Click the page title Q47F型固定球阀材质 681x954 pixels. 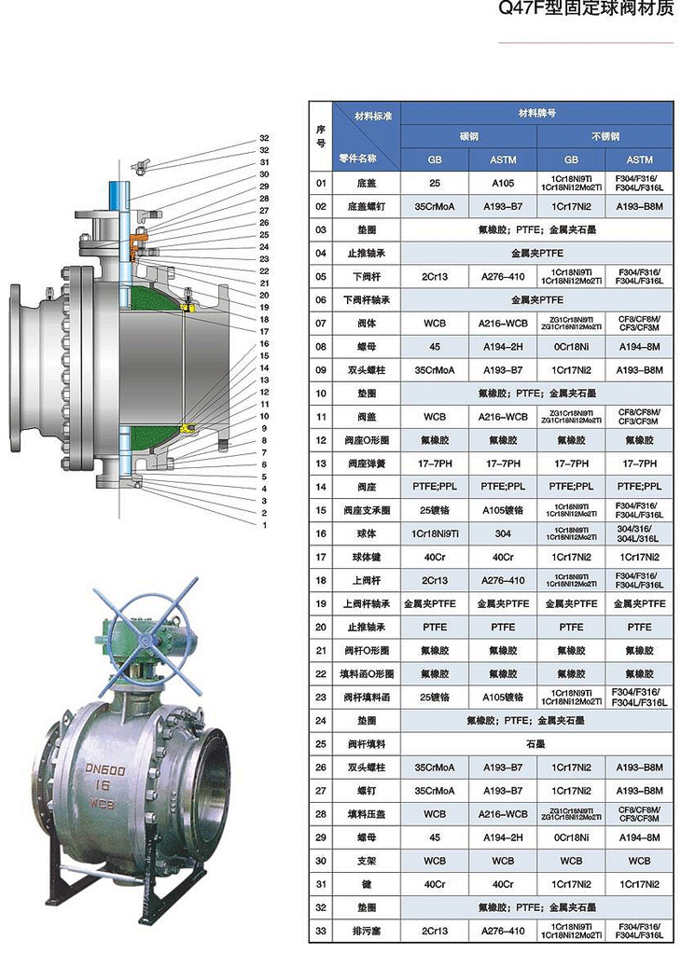[586, 11]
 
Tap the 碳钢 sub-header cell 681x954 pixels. [468, 136]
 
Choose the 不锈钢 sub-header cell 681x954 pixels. [605, 136]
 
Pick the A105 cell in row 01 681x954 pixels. [503, 183]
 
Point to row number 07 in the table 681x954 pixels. [321, 324]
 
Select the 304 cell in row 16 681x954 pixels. [503, 533]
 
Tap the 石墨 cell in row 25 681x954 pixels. [536, 743]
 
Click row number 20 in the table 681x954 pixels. [321, 627]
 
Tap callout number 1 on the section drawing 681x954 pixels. [264, 525]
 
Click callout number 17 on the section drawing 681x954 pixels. [264, 331]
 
